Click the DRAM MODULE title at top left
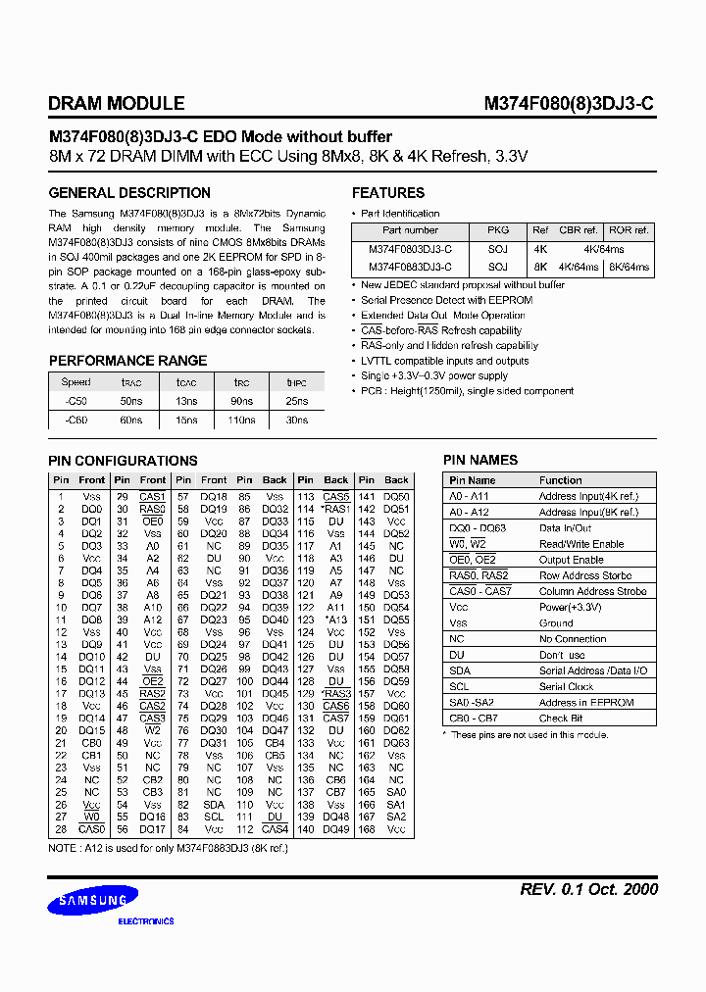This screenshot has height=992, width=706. coord(116,103)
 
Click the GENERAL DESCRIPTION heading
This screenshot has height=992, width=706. coord(129,193)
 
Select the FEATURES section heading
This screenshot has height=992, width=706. coord(388,193)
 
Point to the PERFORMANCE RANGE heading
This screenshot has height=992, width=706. coord(127,360)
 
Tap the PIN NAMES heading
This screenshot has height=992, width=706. coord(480,460)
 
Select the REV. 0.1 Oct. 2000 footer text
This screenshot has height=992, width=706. coord(588,889)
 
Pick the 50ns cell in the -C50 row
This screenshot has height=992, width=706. coord(131,402)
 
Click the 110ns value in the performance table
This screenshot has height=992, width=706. coord(241,420)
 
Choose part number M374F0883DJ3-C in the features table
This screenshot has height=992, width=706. coord(410,267)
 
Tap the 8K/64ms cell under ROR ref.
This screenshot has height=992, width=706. coord(629,267)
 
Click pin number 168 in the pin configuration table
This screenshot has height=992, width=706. coord(366,829)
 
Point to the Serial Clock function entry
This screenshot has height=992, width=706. coord(567,686)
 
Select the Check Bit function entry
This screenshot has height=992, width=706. coord(561,719)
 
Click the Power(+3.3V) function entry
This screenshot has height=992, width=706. coord(571,607)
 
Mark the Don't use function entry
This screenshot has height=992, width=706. coord(562,655)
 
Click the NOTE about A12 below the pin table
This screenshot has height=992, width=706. coord(168,849)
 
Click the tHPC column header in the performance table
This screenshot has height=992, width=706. coord(296,382)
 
